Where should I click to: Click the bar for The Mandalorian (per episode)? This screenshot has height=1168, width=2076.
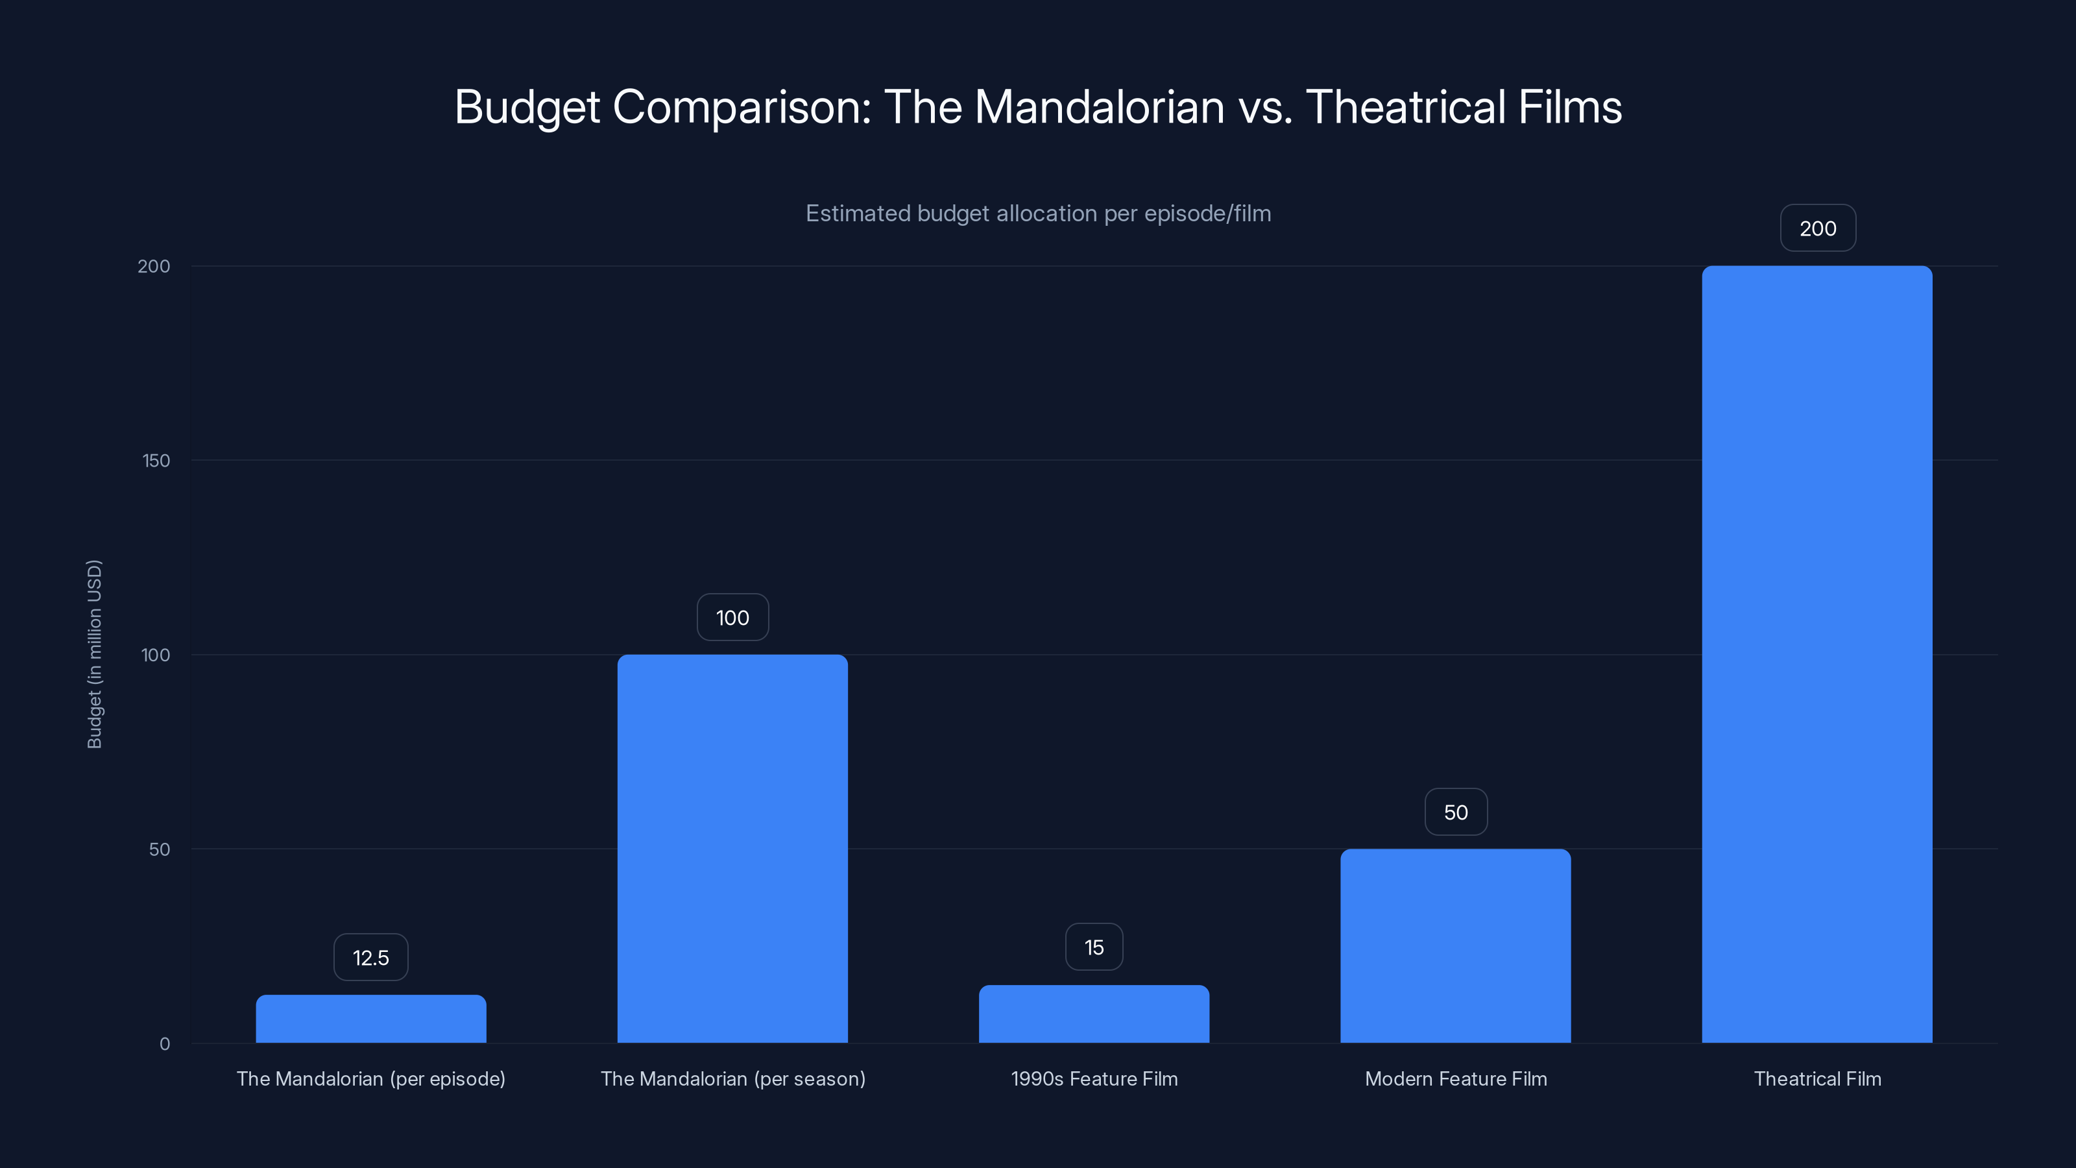(x=370, y=1019)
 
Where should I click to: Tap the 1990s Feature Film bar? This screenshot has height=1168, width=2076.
(x=1094, y=1014)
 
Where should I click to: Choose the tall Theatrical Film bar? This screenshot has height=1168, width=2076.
(x=1817, y=653)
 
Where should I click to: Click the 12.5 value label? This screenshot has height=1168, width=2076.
(x=370, y=958)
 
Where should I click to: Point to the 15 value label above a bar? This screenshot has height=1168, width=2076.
(x=1094, y=947)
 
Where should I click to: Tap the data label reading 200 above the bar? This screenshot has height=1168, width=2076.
(x=1817, y=228)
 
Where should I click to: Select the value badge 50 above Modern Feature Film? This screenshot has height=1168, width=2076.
(x=1455, y=812)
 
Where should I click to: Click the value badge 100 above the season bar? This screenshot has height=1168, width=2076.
(x=732, y=618)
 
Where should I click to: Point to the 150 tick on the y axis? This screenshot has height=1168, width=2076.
(x=156, y=460)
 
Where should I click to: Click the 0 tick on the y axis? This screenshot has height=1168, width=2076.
(x=164, y=1044)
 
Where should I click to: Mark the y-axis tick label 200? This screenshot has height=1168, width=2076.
(x=154, y=266)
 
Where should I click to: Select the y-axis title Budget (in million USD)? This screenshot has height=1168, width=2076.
(x=94, y=653)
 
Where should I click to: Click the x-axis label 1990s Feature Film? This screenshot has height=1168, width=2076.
(x=1094, y=1078)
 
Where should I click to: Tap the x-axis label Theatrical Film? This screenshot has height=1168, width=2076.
(x=1817, y=1078)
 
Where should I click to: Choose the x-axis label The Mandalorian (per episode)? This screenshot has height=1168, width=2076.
(x=370, y=1078)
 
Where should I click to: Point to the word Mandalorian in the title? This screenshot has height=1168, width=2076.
(x=1099, y=107)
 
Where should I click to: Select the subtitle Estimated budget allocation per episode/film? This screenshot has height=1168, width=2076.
(x=1038, y=213)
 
